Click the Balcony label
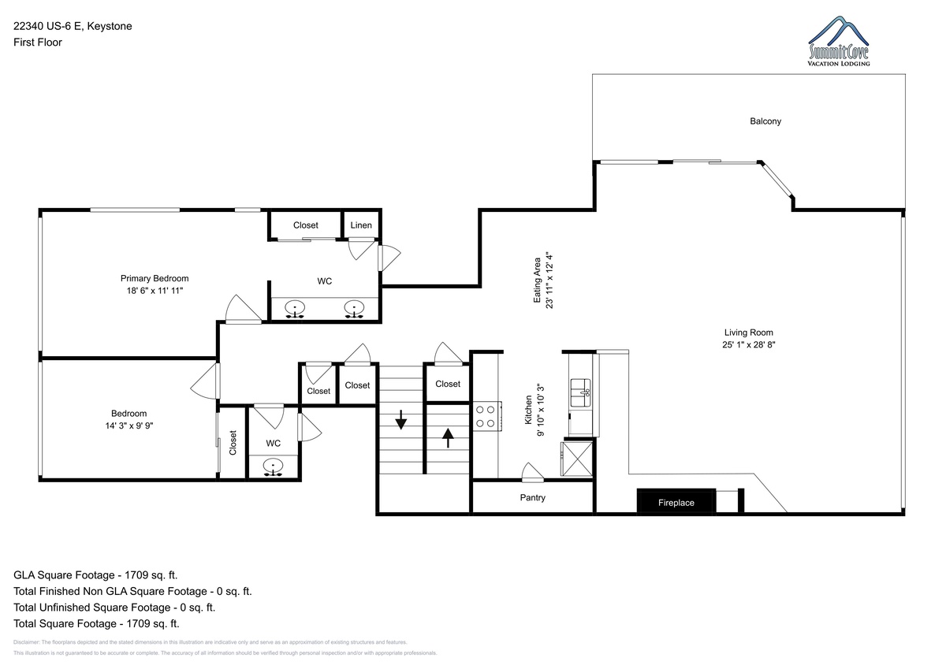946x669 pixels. click(765, 121)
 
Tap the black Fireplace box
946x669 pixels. click(676, 501)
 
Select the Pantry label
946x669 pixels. click(533, 498)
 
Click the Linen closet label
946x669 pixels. click(361, 225)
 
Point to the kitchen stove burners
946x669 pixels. click(486, 416)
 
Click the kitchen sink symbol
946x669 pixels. click(581, 392)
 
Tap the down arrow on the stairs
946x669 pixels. click(400, 419)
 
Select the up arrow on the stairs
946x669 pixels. click(448, 437)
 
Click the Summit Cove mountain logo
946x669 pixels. click(838, 41)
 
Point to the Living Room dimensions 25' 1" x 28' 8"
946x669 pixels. click(749, 344)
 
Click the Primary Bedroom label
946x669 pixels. click(155, 278)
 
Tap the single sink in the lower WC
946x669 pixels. click(274, 466)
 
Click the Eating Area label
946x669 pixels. click(537, 281)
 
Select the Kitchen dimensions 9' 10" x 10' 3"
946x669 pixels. click(541, 410)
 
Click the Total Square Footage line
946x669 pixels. click(96, 623)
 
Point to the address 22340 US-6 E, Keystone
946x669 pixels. click(73, 26)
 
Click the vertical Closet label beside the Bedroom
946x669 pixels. click(233, 443)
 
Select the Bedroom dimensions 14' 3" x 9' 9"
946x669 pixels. click(129, 426)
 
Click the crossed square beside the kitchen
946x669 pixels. click(577, 459)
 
